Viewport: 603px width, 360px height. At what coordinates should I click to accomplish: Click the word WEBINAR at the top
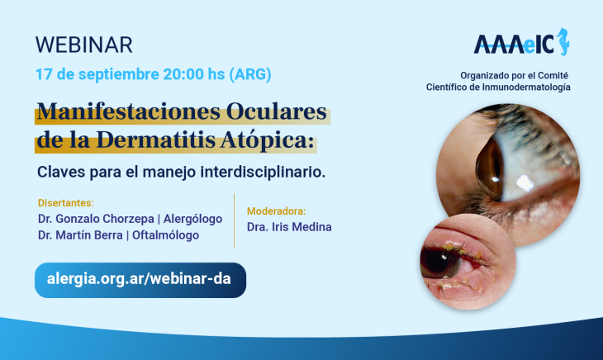pos(83,45)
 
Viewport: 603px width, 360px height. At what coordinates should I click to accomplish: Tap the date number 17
pos(44,73)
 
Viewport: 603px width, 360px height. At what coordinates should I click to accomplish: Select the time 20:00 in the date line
pos(183,73)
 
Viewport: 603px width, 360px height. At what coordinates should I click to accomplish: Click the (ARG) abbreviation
pos(250,73)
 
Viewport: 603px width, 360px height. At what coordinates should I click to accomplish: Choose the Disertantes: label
pos(66,203)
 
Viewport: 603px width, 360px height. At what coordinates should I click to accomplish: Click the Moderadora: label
pos(276,211)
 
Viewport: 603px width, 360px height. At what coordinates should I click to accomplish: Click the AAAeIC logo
pos(521,43)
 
